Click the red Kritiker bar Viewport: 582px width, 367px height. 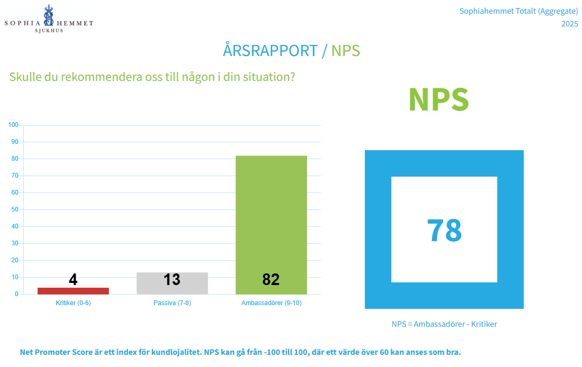[73, 291]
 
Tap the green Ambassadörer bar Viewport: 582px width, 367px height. [271, 222]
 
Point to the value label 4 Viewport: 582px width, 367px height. [73, 280]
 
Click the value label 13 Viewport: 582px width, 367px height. [172, 279]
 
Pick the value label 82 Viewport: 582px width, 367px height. [271, 279]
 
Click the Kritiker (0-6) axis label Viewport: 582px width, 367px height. [74, 303]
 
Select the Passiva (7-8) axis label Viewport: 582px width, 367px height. [172, 303]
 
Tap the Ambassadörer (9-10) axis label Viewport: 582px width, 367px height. [271, 303]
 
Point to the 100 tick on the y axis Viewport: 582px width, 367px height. [13, 125]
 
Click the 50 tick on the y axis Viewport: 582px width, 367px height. [15, 209]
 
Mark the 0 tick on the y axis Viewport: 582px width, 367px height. [16, 294]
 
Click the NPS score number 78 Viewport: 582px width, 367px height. [444, 230]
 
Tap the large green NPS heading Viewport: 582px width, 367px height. [438, 99]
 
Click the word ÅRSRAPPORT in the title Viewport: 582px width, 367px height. [270, 51]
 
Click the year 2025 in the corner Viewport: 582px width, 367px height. [569, 24]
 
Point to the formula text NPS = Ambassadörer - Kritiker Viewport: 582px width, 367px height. [444, 324]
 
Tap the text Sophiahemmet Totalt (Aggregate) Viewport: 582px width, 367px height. [518, 11]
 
